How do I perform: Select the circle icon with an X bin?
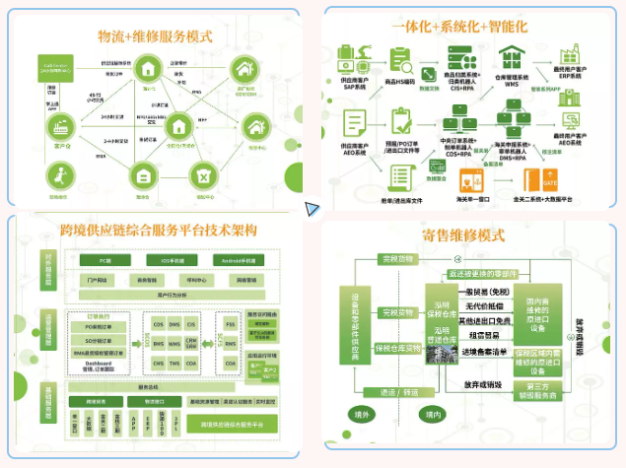click(202, 175)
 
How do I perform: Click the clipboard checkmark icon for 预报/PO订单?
click(401, 121)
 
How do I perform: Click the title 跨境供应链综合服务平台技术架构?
click(159, 230)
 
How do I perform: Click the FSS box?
click(230, 322)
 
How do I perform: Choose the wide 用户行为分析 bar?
click(169, 294)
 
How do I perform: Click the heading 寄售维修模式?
click(462, 235)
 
